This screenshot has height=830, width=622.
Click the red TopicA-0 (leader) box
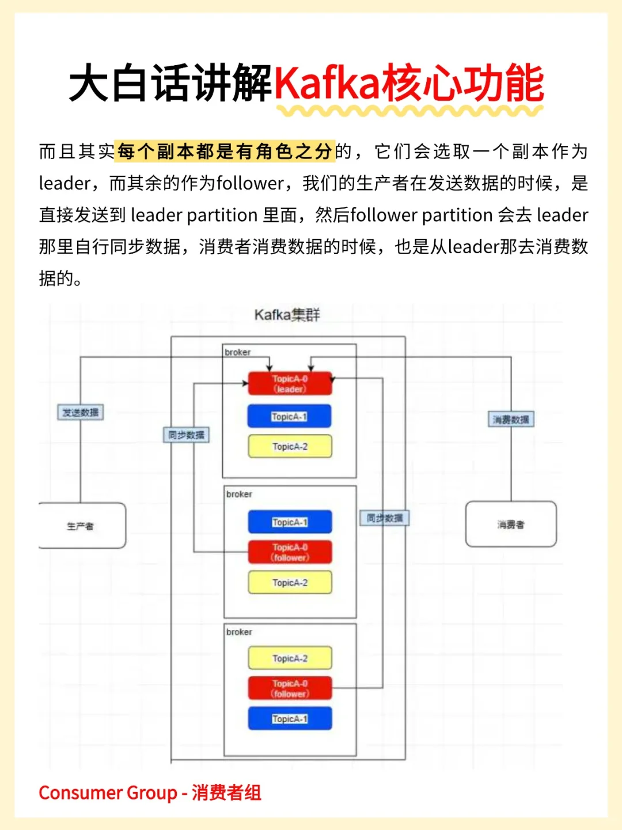[290, 383]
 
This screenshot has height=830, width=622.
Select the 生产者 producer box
[82, 526]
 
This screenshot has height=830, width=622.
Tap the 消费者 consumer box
[511, 525]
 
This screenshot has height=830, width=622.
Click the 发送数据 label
[81, 413]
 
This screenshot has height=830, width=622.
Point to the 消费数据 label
[511, 420]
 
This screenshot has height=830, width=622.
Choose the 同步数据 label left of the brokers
[186, 435]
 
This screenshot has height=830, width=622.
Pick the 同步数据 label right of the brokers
[385, 518]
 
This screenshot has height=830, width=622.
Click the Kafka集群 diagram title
[287, 315]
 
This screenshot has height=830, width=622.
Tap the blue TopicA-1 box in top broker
[290, 416]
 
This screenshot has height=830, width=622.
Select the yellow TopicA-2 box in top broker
[290, 447]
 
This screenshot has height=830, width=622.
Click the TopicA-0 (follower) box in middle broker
[290, 552]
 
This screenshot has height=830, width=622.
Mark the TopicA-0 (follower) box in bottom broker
[290, 688]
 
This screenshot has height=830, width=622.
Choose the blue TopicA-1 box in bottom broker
[290, 719]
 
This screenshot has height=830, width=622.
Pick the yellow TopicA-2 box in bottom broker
[290, 658]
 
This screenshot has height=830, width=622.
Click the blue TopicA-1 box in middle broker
[290, 522]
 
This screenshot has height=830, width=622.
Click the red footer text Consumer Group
[108, 793]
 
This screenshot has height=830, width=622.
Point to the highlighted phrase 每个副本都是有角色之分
[225, 152]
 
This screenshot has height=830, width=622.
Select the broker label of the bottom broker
[239, 632]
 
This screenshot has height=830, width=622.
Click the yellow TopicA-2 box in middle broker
[290, 583]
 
